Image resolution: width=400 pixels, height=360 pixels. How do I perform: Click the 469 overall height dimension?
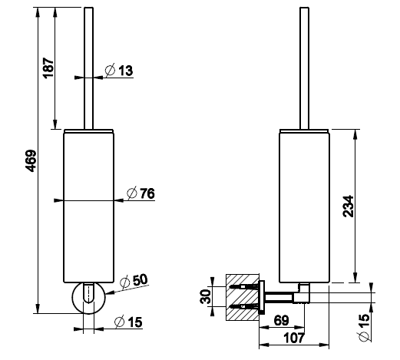coord(31,160)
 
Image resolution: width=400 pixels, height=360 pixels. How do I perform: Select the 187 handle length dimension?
coord(48,68)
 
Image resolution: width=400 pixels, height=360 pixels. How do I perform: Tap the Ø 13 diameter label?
coord(119,70)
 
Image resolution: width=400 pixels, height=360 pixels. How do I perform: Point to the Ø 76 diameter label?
coord(140,193)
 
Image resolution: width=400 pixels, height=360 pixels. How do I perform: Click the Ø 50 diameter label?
coord(134,281)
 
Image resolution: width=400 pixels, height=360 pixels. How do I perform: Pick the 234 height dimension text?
coord(349,206)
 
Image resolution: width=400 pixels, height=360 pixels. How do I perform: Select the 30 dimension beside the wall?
coord(206,296)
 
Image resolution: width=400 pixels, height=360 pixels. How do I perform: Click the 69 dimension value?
coord(281,320)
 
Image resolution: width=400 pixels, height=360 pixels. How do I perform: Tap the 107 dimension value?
coord(294,338)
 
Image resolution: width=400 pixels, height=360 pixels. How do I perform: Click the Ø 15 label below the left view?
coord(128,322)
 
